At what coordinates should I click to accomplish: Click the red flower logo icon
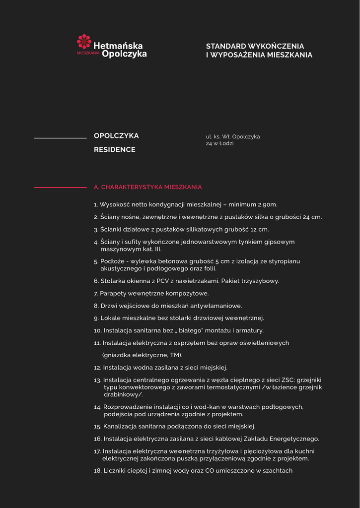84,41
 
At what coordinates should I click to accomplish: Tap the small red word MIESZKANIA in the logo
88,52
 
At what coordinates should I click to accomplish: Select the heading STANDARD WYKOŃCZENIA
255,46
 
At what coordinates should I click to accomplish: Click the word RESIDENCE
115,150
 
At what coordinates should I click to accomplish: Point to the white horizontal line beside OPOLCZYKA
60,138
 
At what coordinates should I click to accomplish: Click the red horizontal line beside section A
60,188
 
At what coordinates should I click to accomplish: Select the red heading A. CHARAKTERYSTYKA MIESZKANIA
148,188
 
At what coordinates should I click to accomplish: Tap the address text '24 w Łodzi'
219,143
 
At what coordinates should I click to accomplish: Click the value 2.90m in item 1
268,204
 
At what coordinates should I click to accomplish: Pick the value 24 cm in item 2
312,217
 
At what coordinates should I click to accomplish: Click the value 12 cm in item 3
260,230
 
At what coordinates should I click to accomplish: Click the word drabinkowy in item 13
122,394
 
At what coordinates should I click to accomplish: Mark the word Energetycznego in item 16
293,439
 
